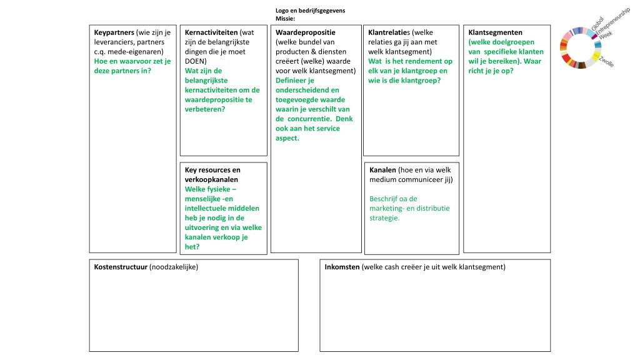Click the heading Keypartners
pos(114,32)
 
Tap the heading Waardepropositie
pos(306,32)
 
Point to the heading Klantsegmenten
pos(496,32)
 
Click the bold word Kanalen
pos(382,170)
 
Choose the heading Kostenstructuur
pos(121,267)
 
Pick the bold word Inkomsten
pos(342,267)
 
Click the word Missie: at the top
pos(285,19)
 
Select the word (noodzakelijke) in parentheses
pos(174,267)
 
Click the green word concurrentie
pos(312,119)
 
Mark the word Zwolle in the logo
pos(606,62)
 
